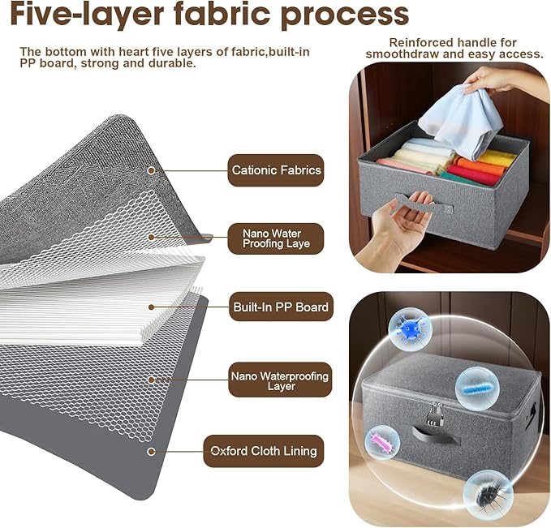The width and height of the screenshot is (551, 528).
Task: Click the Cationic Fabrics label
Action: (x=276, y=170)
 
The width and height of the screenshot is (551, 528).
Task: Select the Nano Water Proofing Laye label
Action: (x=276, y=238)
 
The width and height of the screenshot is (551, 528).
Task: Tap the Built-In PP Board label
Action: (x=281, y=307)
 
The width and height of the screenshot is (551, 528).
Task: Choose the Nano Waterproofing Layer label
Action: (x=280, y=380)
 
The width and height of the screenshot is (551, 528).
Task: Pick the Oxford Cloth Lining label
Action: (x=264, y=451)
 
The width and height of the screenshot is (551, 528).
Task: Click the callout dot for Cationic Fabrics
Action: (x=151, y=171)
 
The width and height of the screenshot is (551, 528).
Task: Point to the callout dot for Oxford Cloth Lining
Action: (x=151, y=452)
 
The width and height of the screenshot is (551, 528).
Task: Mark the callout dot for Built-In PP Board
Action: (x=152, y=307)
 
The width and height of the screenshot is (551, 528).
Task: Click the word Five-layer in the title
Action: (x=88, y=14)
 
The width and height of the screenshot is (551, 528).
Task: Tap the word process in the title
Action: (x=345, y=15)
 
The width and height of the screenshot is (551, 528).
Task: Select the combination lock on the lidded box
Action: (x=436, y=412)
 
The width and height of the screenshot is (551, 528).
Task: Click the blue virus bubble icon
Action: (x=410, y=329)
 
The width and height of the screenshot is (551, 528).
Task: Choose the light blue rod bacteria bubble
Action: (x=477, y=388)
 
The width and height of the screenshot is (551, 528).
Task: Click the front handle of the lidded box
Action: (x=436, y=434)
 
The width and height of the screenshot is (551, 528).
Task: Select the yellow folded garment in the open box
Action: (x=496, y=159)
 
